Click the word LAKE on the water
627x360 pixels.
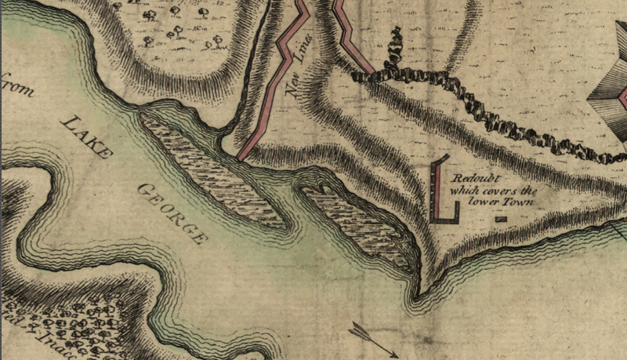84,137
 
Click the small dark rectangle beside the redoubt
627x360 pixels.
502,219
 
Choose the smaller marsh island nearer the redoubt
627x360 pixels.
357,224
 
